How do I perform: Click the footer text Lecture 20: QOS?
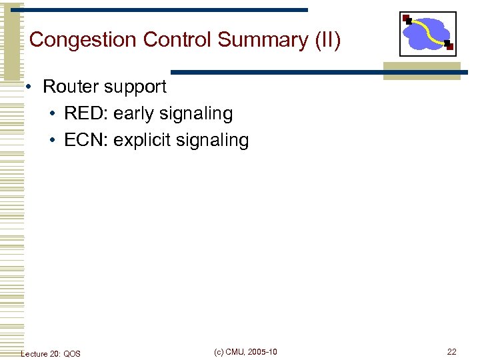pyautogui.click(x=51, y=353)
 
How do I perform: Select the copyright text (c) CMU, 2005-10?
pyautogui.click(x=245, y=352)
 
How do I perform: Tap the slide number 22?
pyautogui.click(x=451, y=352)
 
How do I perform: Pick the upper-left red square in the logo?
pyautogui.click(x=407, y=18)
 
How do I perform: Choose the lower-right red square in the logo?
pyautogui.click(x=449, y=46)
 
